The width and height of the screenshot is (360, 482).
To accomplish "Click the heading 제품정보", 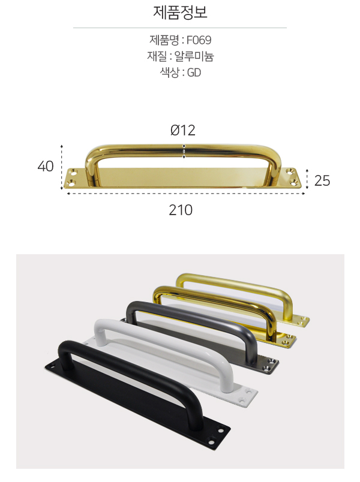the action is click(x=180, y=13).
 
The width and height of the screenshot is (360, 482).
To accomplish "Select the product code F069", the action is click(x=199, y=40).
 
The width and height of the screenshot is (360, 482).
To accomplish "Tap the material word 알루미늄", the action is click(x=194, y=56).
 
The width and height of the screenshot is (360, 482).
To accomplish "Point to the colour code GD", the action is click(x=194, y=73).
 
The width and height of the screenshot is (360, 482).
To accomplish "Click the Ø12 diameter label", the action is click(x=183, y=130).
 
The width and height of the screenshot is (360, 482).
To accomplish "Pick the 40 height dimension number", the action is click(x=46, y=166).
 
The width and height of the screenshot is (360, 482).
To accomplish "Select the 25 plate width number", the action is click(x=322, y=180).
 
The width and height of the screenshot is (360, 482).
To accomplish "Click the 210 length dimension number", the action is click(x=181, y=210).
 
